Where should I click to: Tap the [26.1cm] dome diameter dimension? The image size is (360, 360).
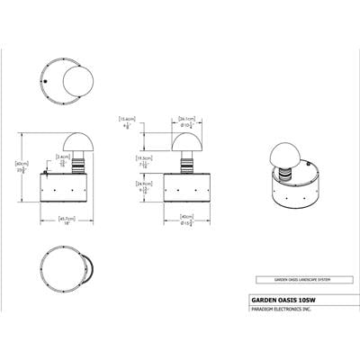pos(188,117)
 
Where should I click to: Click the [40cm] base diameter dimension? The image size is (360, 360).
pos(187,216)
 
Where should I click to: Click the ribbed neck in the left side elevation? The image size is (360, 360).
pos(76,164)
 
